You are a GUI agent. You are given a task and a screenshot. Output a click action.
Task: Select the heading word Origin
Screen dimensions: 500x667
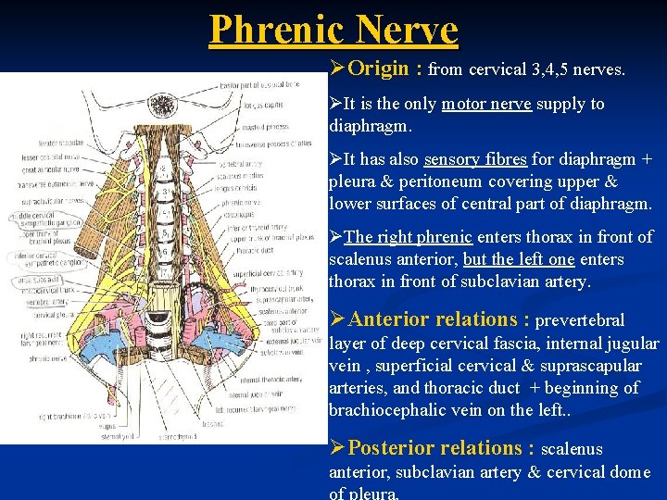pyautogui.click(x=381, y=69)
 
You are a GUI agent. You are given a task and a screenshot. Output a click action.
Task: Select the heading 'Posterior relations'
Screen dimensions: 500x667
pyautogui.click(x=440, y=448)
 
